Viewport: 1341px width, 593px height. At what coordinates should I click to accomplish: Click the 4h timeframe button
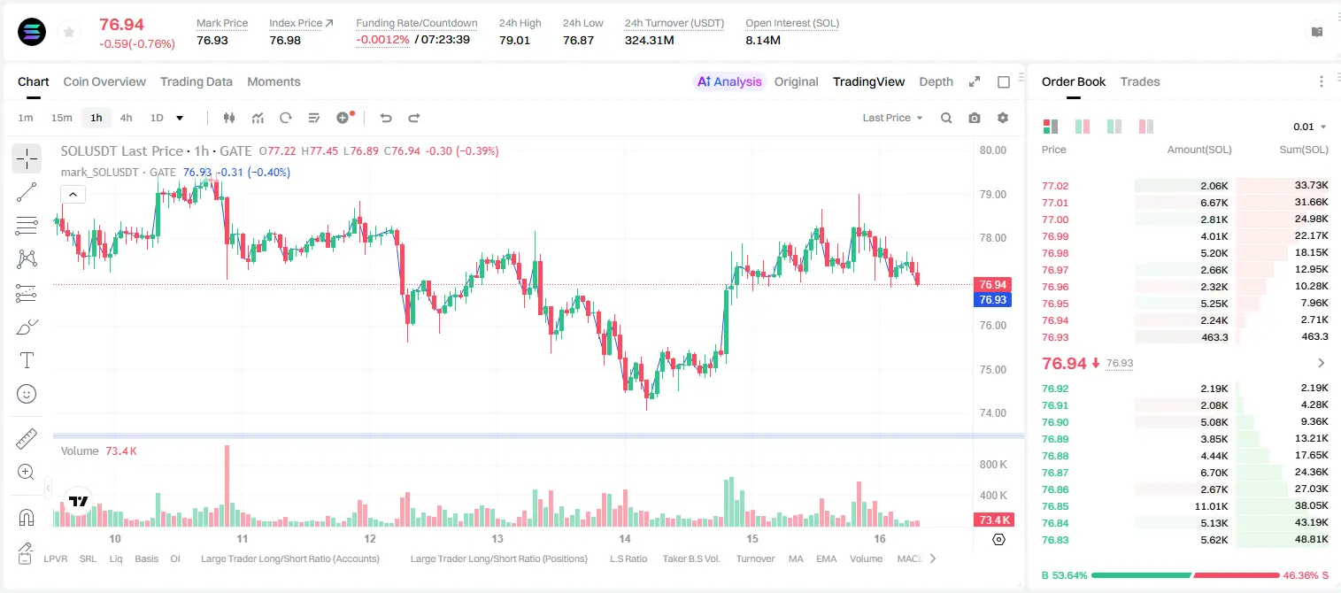126,118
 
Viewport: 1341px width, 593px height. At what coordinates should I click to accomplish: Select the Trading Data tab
196,81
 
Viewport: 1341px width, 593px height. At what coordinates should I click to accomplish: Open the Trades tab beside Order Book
1140,81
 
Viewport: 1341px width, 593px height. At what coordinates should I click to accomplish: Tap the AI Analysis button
729,81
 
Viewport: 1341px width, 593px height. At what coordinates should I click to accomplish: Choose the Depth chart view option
936,81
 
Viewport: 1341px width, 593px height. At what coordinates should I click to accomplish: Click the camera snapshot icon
975,118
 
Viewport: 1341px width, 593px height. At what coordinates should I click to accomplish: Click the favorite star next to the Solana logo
69,32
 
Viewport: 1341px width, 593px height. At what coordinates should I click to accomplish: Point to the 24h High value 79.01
514,40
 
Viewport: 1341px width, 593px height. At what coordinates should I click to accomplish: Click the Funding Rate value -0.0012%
382,40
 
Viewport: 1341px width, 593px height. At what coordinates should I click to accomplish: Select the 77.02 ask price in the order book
1055,186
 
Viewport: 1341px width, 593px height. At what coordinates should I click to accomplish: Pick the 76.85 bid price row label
1055,506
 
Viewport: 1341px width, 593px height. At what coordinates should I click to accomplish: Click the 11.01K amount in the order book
1211,506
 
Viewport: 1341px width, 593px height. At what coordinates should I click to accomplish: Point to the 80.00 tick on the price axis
992,150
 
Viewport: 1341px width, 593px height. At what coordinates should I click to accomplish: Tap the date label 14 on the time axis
624,538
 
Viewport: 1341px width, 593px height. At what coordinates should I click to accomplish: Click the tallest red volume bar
227,485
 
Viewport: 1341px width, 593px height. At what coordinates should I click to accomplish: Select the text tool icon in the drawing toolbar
27,360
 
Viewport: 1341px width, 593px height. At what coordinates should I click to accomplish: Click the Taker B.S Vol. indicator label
690,558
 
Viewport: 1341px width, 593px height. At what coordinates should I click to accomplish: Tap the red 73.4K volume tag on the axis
992,520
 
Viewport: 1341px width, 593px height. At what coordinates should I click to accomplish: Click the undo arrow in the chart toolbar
386,118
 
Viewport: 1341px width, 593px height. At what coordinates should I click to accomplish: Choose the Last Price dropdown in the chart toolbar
892,118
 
